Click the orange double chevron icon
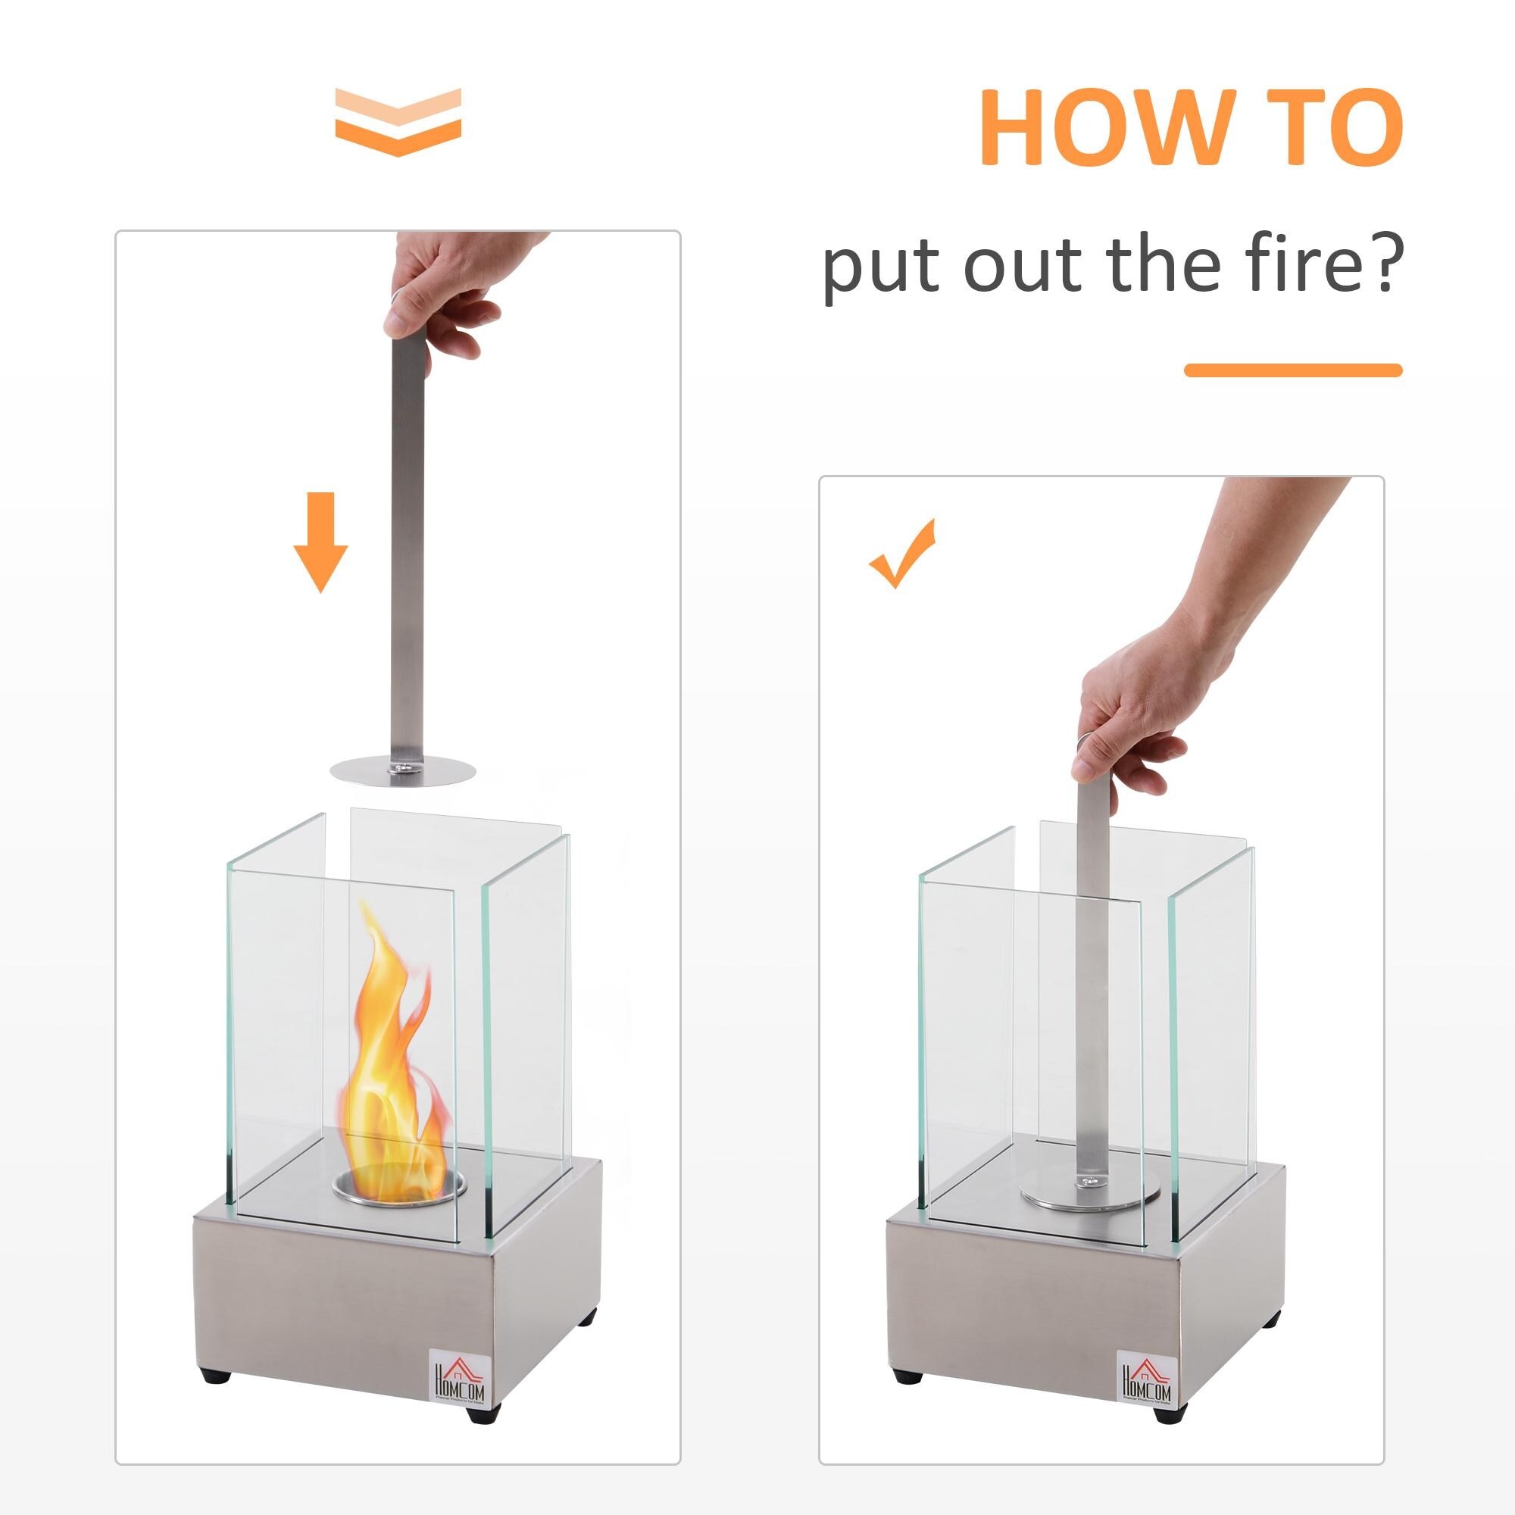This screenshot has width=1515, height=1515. [x=398, y=122]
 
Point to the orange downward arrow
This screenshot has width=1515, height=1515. [x=320, y=542]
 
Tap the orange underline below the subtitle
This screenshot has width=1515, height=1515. [x=1292, y=370]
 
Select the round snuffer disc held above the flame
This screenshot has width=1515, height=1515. [x=404, y=770]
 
